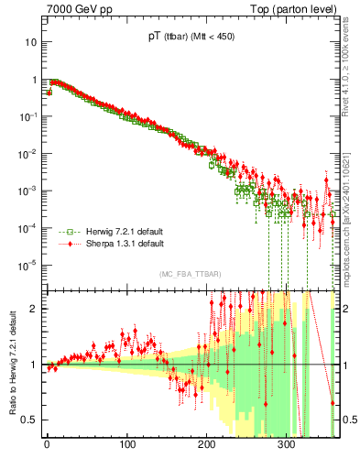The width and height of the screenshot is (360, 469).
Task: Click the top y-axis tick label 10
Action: (x=31, y=42)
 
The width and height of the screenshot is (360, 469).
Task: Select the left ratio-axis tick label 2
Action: (x=34, y=309)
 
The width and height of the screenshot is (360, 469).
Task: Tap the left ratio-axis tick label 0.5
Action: (x=30, y=420)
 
